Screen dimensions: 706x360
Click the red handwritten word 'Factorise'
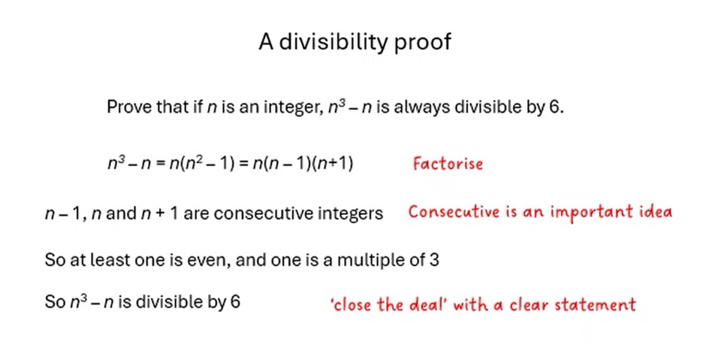click(448, 163)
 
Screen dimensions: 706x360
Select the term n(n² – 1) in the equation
click(202, 162)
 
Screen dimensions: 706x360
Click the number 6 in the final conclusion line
click(235, 301)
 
